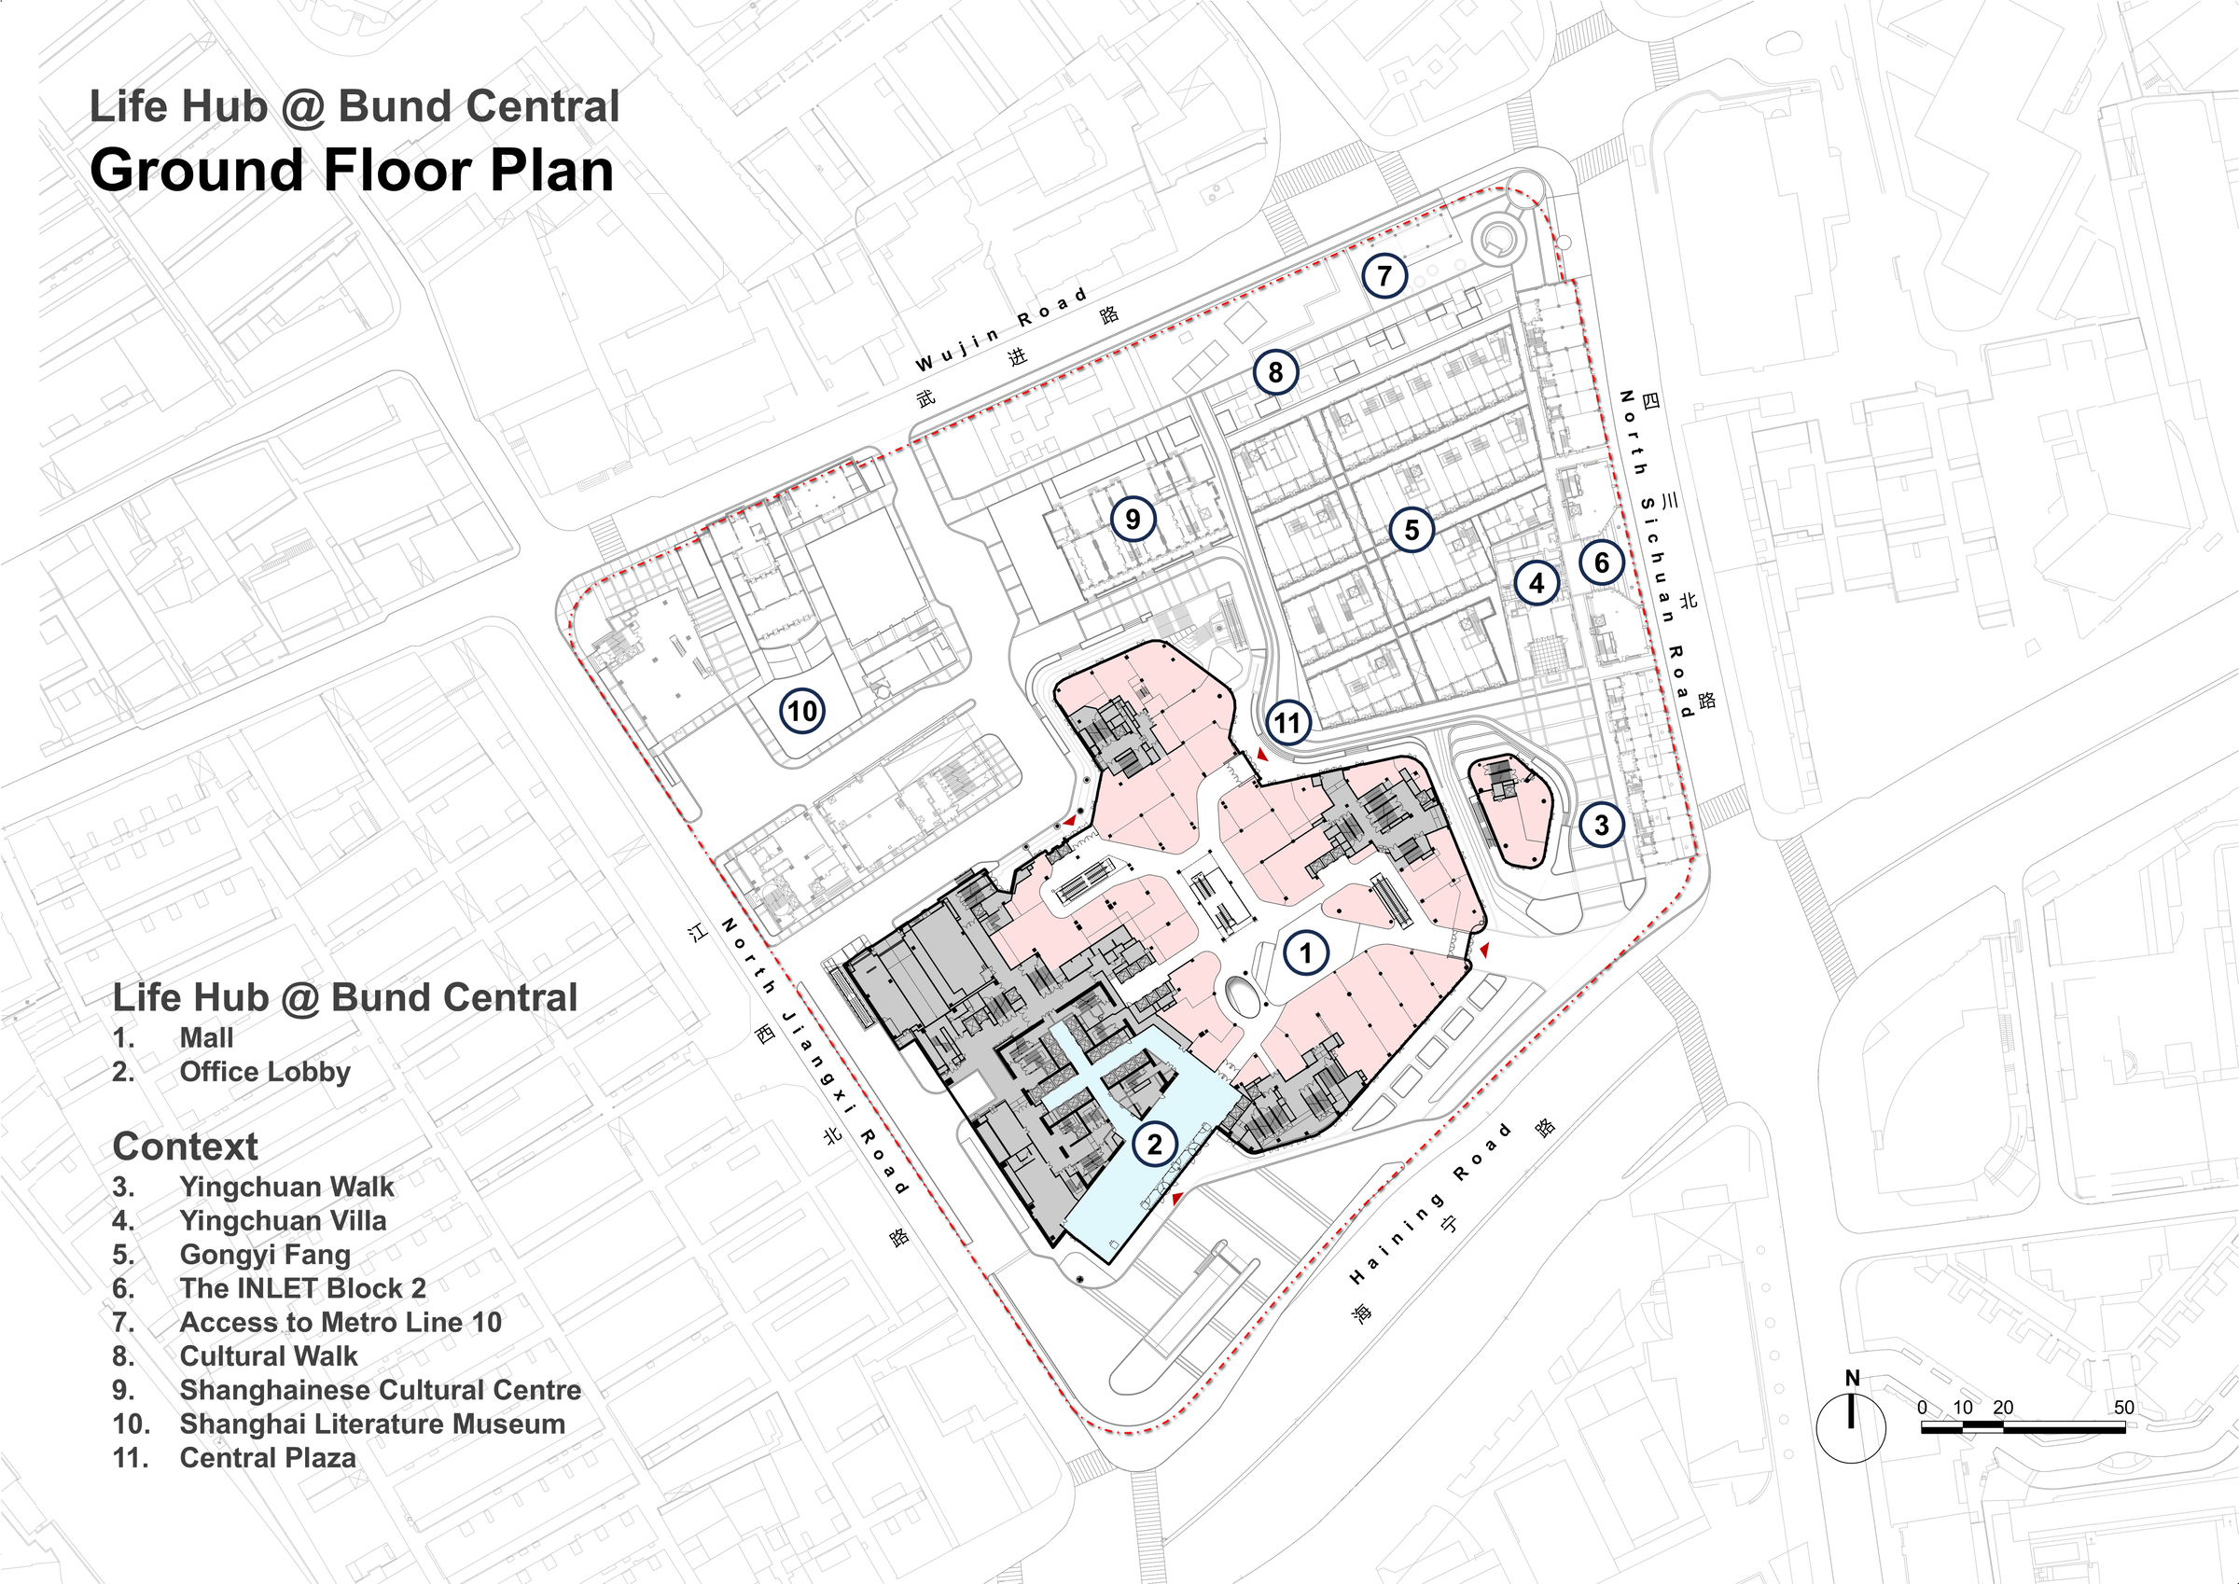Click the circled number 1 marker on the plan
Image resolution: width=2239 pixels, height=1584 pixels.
pyautogui.click(x=1306, y=952)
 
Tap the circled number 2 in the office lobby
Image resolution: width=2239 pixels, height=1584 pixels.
pyautogui.click(x=1155, y=1143)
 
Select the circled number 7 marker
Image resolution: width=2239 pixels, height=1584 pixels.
pyautogui.click(x=1384, y=276)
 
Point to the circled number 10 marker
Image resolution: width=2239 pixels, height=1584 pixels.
pyautogui.click(x=801, y=710)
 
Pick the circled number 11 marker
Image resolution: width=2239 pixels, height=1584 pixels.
pyautogui.click(x=1288, y=723)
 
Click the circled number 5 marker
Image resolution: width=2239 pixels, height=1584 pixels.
pyautogui.click(x=1412, y=530)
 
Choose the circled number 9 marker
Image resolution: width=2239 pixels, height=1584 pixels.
pyautogui.click(x=1133, y=518)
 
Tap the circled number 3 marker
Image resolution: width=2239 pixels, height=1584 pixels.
pyautogui.click(x=1600, y=826)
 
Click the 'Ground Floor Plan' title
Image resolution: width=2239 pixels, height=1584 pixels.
pyautogui.click(x=352, y=171)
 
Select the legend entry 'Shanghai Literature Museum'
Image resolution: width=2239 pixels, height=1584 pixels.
pyautogui.click(x=371, y=1424)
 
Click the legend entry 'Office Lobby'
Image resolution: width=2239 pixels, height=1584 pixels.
pyautogui.click(x=264, y=1071)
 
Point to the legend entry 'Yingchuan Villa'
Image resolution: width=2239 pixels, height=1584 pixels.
pyautogui.click(x=283, y=1220)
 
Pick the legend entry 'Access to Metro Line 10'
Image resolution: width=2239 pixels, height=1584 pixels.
pyautogui.click(x=341, y=1322)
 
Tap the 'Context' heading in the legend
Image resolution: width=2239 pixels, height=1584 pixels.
pyautogui.click(x=186, y=1146)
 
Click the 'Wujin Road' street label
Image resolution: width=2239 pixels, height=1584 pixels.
pyautogui.click(x=1002, y=328)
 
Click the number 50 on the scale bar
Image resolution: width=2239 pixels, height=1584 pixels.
pyautogui.click(x=2124, y=1408)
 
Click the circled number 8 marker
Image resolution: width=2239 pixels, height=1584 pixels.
pyautogui.click(x=1274, y=371)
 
